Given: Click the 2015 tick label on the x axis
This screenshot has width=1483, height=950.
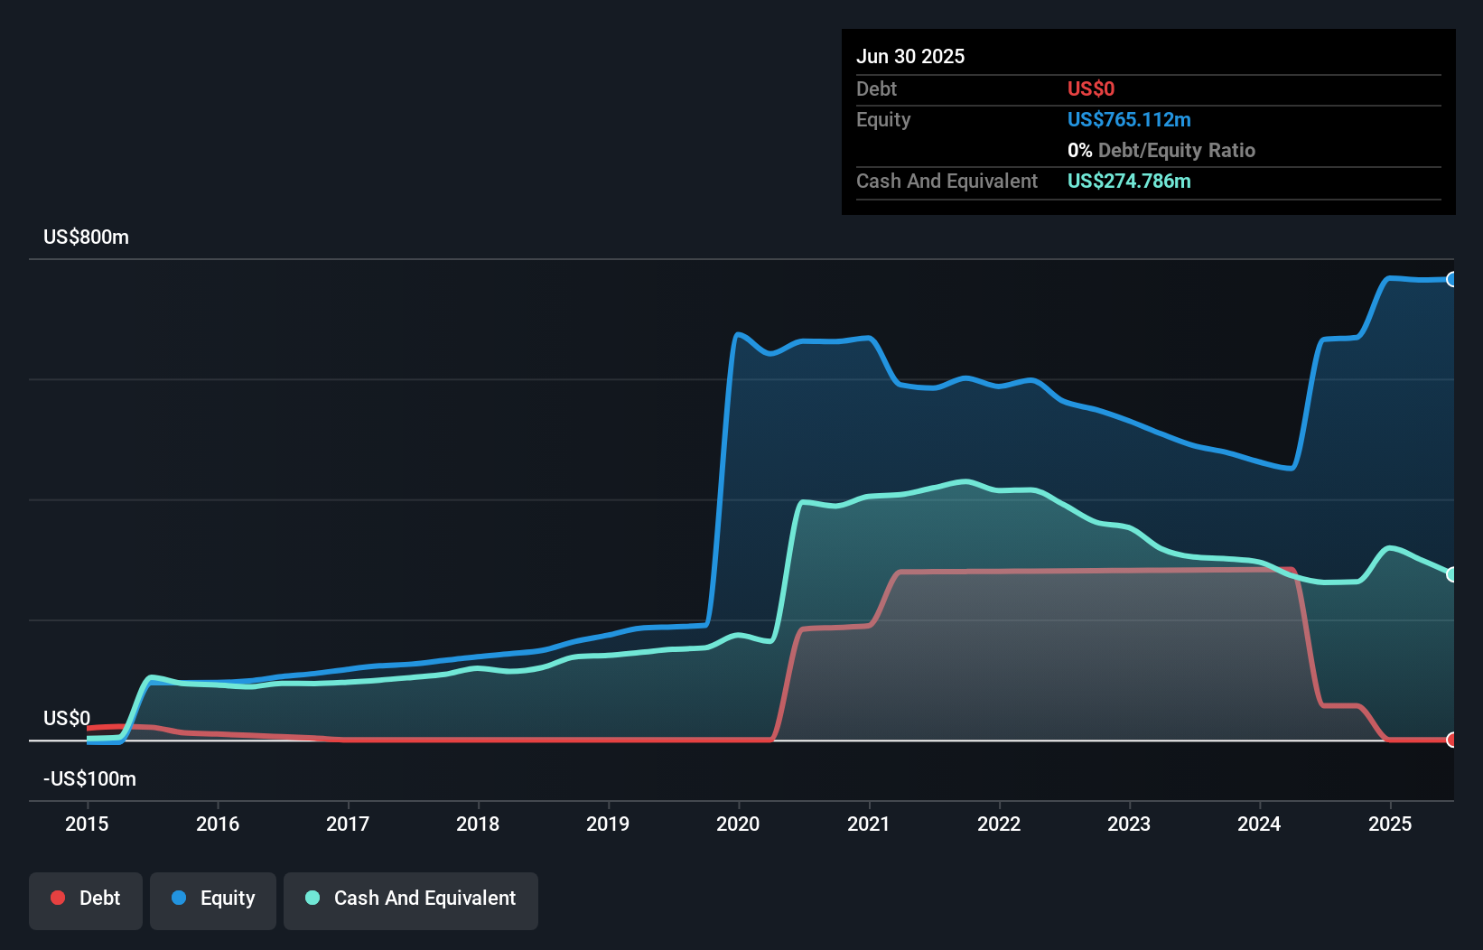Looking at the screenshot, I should click(x=87, y=824).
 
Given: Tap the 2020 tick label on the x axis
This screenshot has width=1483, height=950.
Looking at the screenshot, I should click(x=738, y=824).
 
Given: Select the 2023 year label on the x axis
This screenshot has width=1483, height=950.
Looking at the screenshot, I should click(x=1129, y=824).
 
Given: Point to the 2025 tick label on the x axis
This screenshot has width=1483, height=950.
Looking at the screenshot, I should click(x=1389, y=824).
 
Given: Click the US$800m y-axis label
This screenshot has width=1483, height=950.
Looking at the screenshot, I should click(x=86, y=237).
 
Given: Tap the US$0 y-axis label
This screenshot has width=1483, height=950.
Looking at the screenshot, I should click(x=67, y=718).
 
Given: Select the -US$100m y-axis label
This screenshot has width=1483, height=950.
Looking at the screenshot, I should click(x=89, y=778).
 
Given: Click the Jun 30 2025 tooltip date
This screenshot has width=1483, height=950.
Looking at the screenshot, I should click(x=910, y=56).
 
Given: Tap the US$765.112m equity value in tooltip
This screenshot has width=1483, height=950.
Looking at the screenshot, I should click(x=1128, y=119).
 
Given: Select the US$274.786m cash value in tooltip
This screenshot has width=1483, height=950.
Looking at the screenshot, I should click(x=1128, y=181).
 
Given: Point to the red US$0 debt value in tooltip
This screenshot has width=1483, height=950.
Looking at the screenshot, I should click(x=1090, y=88).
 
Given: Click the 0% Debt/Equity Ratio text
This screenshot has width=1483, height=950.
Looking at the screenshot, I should click(x=1161, y=150).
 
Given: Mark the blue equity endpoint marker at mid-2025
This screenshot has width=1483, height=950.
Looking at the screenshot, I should click(x=1451, y=279).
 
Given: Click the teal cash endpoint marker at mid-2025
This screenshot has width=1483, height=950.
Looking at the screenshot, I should click(x=1451, y=574).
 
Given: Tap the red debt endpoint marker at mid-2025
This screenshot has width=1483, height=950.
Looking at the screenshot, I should click(x=1451, y=740).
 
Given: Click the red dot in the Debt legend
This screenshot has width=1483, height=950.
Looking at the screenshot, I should click(x=58, y=898).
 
